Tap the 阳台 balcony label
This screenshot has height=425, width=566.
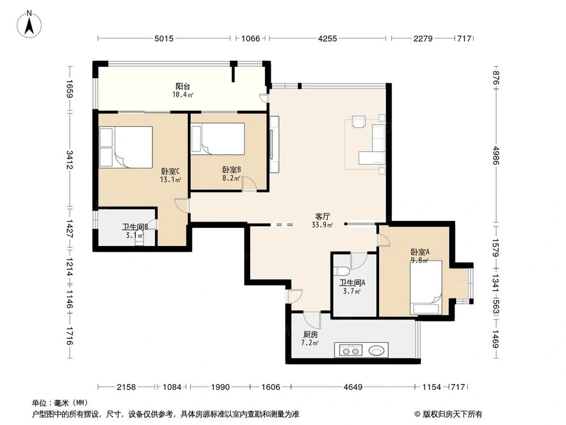pyautogui.click(x=182, y=87)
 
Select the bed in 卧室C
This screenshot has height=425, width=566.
pyautogui.click(x=126, y=147)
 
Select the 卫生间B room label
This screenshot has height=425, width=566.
pyautogui.click(x=135, y=227)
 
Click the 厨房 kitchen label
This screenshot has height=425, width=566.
pyautogui.click(x=310, y=334)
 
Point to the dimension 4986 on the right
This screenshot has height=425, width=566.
pyautogui.click(x=496, y=154)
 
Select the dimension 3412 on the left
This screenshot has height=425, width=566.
pyautogui.click(x=69, y=159)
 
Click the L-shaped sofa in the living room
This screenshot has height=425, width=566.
pyautogui.click(x=374, y=146)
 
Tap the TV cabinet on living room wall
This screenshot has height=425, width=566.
pyautogui.click(x=274, y=144)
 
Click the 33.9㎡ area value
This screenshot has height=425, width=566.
pyautogui.click(x=322, y=225)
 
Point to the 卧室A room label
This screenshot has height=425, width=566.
pyautogui.click(x=420, y=252)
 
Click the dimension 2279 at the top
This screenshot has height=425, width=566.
pyautogui.click(x=423, y=39)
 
